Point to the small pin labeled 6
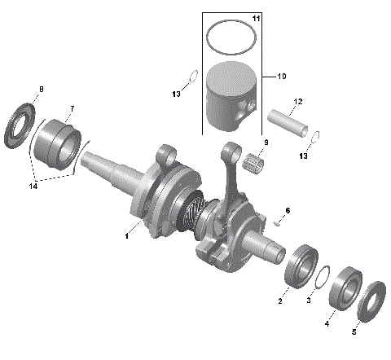point(279,218)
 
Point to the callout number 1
point(126,236)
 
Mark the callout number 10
point(281,77)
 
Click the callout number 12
point(297,102)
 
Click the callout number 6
point(287,210)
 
